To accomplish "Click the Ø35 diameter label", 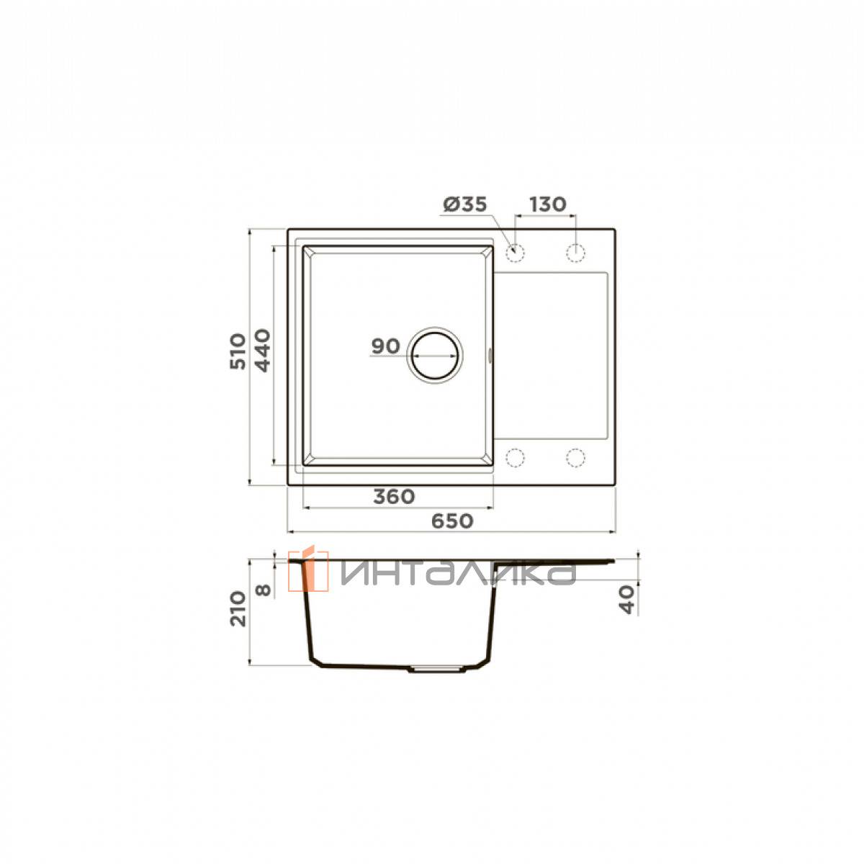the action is [465, 204].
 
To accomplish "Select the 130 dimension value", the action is [547, 204].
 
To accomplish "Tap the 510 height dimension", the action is [238, 351].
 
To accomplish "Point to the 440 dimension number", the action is [263, 351].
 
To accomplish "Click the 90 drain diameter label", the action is [386, 346].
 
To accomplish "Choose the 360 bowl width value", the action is [395, 497].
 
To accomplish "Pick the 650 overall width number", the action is [452, 521].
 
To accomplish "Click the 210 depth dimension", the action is [238, 609].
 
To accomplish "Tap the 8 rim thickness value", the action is [264, 590].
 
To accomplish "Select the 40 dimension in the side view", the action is [627, 599].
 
